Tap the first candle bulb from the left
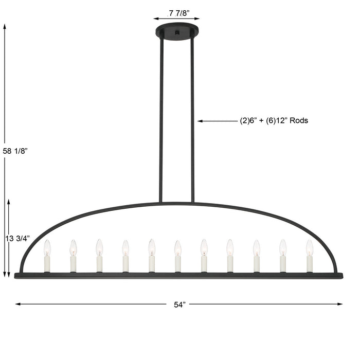[x=47, y=248]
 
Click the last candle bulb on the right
[x=310, y=248]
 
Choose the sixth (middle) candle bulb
[x=177, y=248]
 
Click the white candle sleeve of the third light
[x=99, y=264]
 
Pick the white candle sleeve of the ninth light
[x=257, y=264]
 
